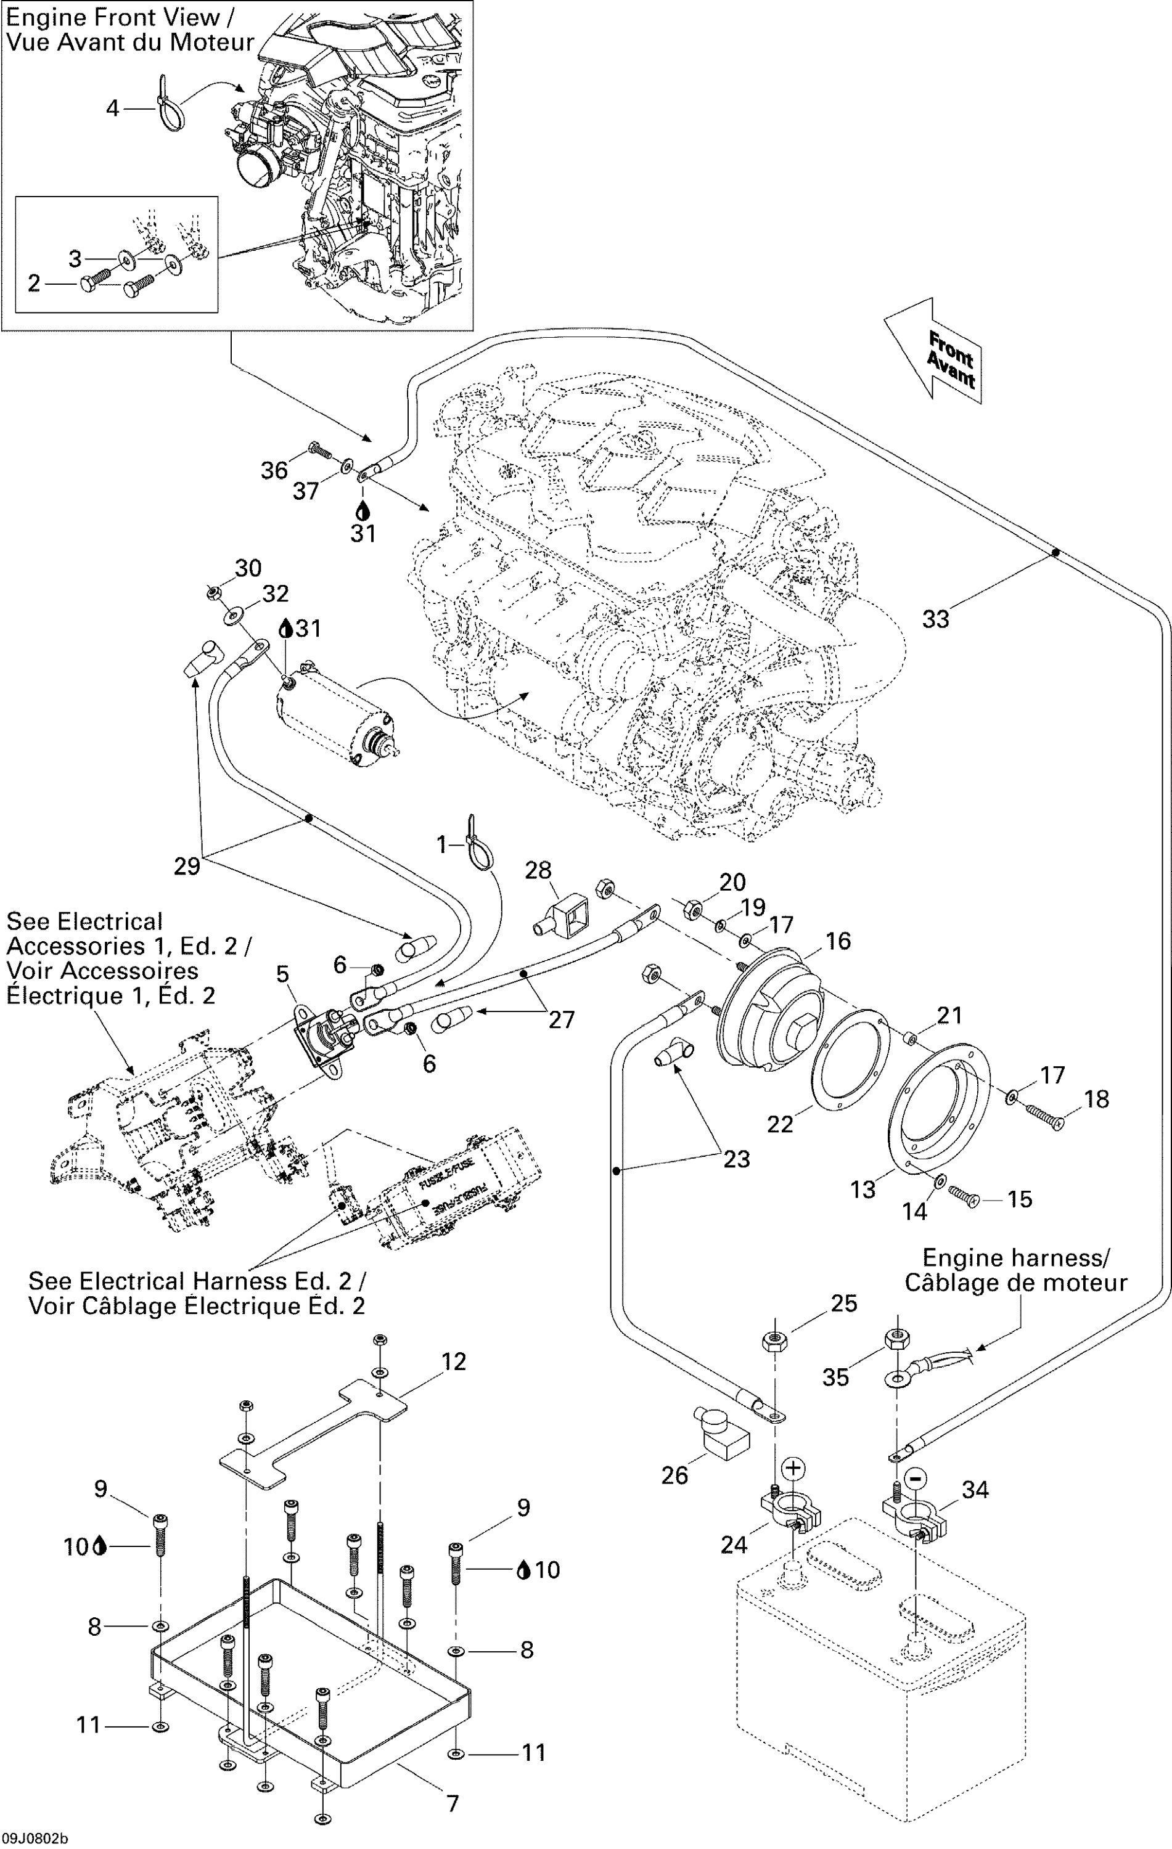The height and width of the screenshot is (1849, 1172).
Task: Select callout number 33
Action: [x=935, y=619]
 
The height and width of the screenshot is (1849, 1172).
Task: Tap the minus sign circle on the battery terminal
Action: [x=914, y=1477]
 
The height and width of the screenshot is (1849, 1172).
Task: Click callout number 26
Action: [x=674, y=1475]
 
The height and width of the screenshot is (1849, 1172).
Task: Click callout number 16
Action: [x=838, y=941]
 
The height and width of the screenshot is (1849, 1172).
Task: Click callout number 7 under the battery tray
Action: [x=453, y=1803]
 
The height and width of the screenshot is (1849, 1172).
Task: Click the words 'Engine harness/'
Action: [x=1015, y=1259]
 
